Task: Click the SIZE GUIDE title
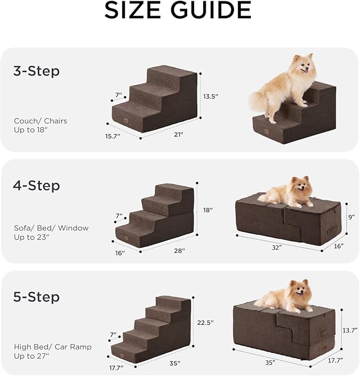click(178, 11)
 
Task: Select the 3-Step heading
click(36, 71)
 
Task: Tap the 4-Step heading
click(36, 186)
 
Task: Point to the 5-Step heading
click(36, 296)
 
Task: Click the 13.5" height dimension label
click(210, 97)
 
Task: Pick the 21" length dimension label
click(178, 135)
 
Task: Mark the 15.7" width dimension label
click(112, 136)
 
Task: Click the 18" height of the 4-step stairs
click(208, 210)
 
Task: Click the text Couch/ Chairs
click(40, 121)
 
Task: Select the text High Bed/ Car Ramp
click(52, 347)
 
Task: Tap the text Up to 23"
click(31, 237)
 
